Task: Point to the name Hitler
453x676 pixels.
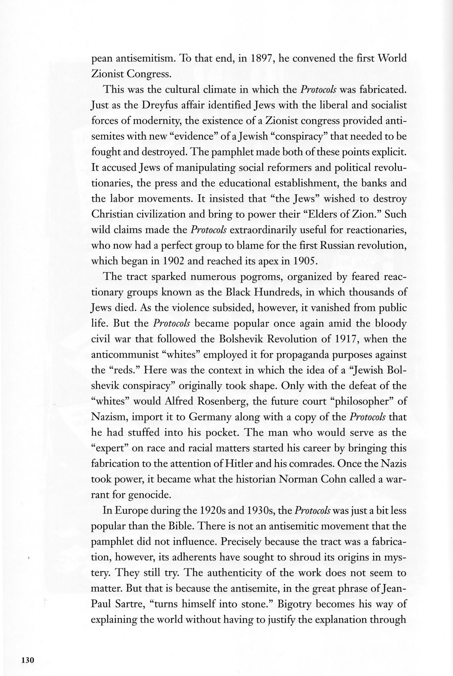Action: coord(237,464)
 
